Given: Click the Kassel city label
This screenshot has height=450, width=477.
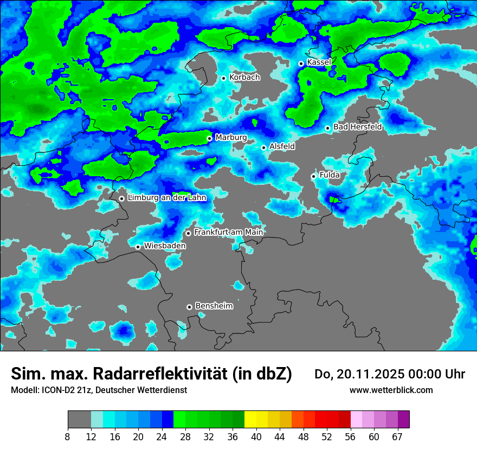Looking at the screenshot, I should tap(319, 62).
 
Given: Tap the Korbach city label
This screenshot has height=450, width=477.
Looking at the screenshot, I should tap(244, 78).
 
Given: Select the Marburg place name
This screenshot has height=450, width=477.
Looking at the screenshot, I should tap(231, 138).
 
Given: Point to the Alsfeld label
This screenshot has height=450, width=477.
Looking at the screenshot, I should tap(282, 146).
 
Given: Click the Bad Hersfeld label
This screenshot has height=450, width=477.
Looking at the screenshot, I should tap(357, 127).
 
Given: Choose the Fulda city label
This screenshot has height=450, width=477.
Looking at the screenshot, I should tap(330, 175).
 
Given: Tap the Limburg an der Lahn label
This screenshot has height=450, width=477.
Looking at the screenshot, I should tap(166, 198).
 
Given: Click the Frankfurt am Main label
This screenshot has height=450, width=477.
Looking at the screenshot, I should tap(228, 232).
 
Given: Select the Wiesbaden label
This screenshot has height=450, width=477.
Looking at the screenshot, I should tap(165, 246).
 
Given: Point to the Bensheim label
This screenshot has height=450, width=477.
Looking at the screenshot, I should tap(214, 306).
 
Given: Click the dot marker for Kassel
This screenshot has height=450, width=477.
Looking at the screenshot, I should tap(301, 63).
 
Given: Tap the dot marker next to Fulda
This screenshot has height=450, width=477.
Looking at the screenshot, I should tap(313, 176).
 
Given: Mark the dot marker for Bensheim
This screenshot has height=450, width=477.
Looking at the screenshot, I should tap(189, 307).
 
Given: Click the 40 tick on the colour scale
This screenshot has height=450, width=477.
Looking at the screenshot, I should tap(256, 436).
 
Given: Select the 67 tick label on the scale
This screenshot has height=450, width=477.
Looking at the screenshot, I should tap(397, 436).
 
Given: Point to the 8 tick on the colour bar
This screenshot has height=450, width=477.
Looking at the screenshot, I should tap(68, 436).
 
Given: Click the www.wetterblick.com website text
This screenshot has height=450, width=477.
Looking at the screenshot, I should tap(391, 390).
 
